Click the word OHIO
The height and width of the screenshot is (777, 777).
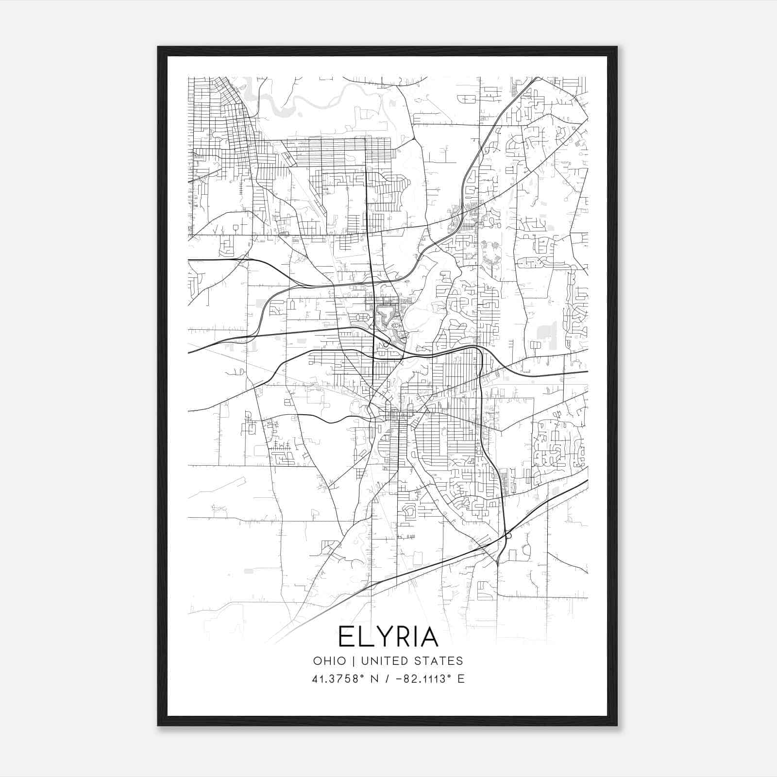(330, 660)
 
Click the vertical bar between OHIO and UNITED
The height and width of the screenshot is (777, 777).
(353, 660)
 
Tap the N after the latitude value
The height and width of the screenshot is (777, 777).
(373, 678)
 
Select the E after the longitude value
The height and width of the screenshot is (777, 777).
(461, 678)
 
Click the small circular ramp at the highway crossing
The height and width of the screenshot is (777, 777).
(508, 536)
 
